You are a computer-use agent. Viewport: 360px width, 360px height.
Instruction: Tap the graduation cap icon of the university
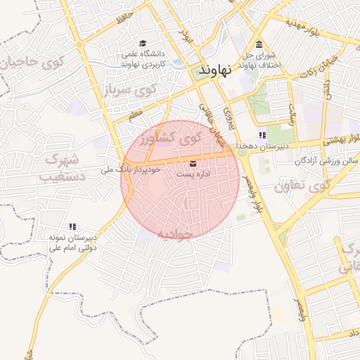(143, 43)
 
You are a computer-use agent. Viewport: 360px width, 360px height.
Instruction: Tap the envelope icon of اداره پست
(193, 164)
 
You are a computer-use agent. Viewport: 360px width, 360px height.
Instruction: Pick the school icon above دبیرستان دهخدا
(262, 135)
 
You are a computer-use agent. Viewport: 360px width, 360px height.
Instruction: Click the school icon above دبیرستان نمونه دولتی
(72, 226)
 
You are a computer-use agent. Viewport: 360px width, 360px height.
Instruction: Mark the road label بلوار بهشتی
(340, 139)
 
